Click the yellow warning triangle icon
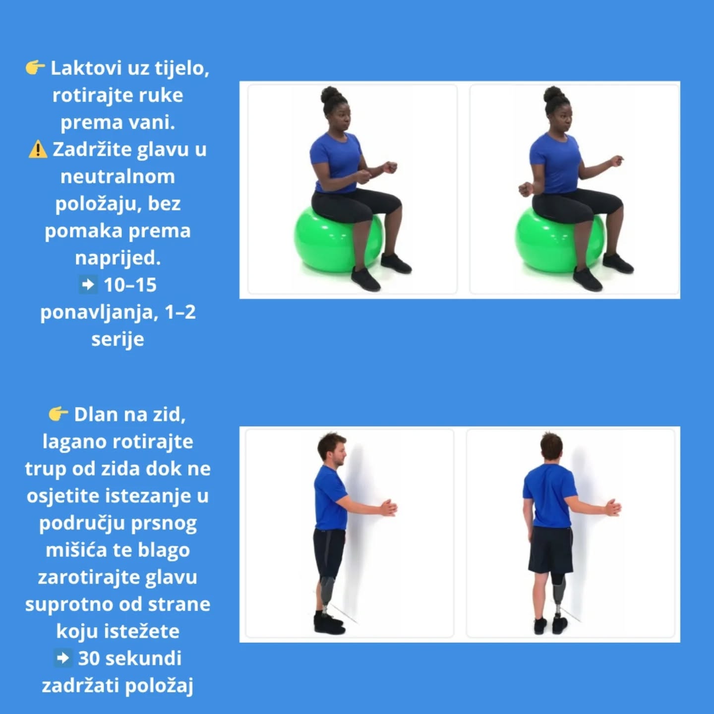38,150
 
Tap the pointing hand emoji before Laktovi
35,68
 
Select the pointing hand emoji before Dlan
58,414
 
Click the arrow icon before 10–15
88,285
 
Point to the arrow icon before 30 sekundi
63,658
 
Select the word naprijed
118,258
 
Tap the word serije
118,339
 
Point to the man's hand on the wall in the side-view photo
389,508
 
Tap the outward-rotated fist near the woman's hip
525,189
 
